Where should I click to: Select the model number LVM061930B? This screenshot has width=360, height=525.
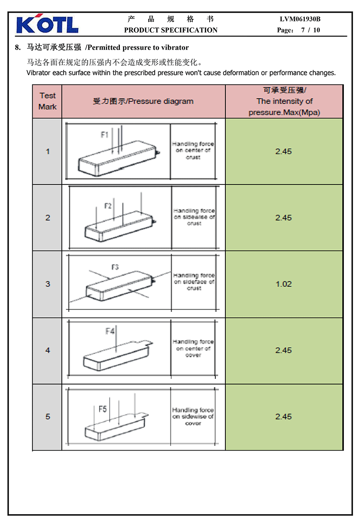(300, 19)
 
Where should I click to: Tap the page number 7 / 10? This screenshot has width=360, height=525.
(310, 30)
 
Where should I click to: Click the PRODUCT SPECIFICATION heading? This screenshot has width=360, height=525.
(171, 30)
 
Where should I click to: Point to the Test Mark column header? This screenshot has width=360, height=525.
(48, 101)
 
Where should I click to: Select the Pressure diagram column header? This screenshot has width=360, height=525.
(143, 101)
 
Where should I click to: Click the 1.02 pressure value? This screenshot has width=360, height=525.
(284, 284)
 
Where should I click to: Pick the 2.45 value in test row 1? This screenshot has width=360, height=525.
(283, 151)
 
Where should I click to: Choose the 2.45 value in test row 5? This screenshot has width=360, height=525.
(283, 417)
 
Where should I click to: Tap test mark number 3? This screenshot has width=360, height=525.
(48, 284)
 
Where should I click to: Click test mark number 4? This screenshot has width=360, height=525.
(48, 351)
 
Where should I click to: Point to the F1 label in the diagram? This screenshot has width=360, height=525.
(105, 135)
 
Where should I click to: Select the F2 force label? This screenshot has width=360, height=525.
(108, 206)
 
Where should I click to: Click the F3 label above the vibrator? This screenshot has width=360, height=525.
(115, 267)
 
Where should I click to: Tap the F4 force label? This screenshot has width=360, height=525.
(110, 331)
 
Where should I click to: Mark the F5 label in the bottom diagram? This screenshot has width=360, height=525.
(102, 409)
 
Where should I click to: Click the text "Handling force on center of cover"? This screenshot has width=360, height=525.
(193, 348)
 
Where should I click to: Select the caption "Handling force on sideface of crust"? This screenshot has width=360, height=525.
(194, 282)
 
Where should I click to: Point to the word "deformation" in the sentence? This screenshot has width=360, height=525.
(241, 73)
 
